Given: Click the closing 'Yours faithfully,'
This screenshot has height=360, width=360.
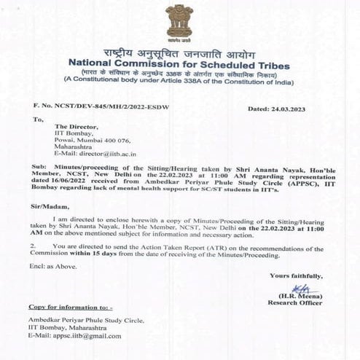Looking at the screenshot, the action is pos(296,275).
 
